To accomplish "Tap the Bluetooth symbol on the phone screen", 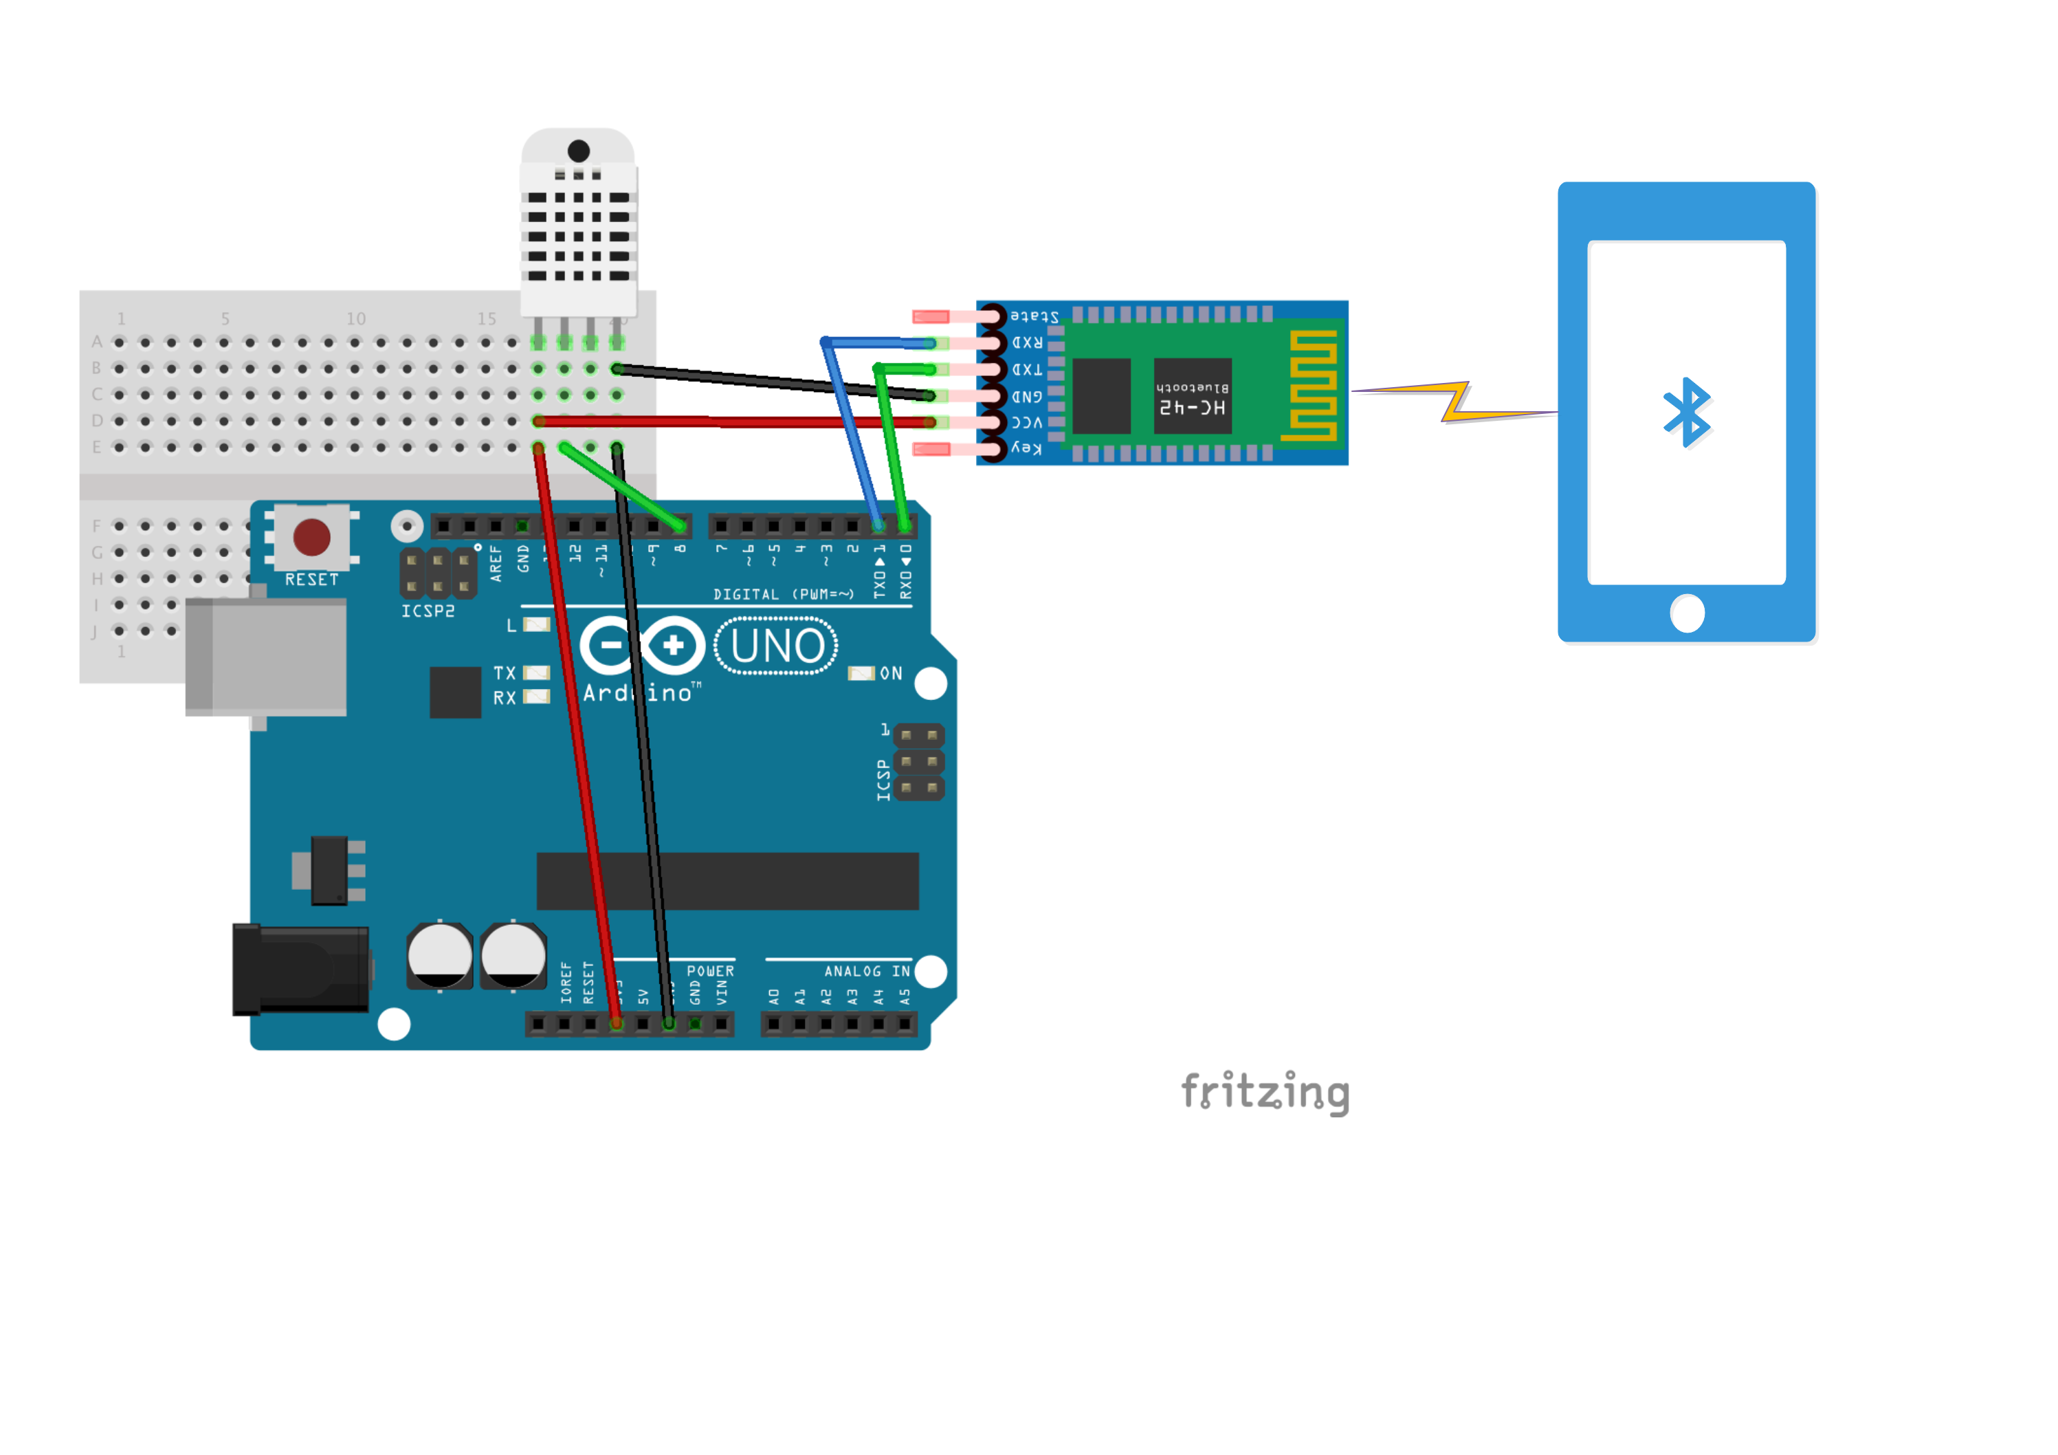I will point(1688,413).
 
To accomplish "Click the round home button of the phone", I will point(1688,614).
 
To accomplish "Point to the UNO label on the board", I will point(776,646).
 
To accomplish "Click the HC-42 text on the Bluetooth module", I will point(1192,407).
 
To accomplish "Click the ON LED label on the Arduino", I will point(890,673).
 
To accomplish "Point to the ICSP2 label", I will point(428,611).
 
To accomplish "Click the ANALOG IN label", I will point(866,971).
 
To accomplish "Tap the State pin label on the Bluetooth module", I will point(1034,316).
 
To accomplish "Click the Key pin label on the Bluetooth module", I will point(1027,448).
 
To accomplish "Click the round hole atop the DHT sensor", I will point(579,151).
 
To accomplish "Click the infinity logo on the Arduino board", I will point(642,646).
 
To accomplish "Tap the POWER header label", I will point(710,971).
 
